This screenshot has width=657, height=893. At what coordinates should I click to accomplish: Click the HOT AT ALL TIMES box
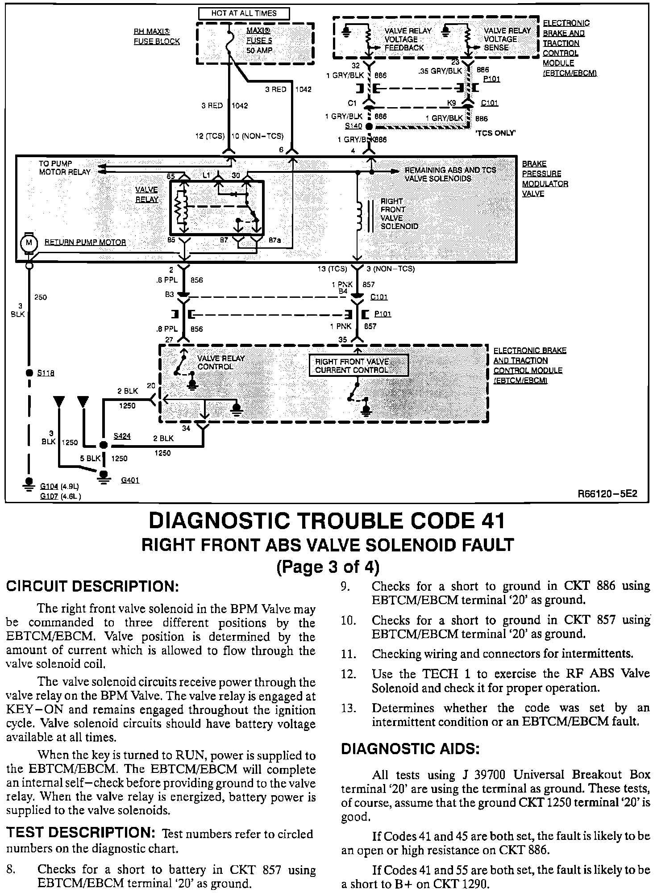tap(244, 13)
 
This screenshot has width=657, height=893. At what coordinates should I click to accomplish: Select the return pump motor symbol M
tap(29, 242)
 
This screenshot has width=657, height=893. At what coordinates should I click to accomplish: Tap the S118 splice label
tap(46, 373)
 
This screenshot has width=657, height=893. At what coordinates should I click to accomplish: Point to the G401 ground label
tap(130, 480)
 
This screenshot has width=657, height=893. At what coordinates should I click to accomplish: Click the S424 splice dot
tap(103, 445)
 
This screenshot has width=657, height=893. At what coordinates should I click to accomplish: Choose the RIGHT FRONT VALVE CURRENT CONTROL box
tap(359, 366)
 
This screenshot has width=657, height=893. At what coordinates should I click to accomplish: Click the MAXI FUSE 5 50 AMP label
tap(259, 41)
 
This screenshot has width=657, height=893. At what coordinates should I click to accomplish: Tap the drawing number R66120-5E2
tap(607, 494)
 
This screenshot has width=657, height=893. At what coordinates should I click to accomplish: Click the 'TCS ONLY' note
tap(496, 133)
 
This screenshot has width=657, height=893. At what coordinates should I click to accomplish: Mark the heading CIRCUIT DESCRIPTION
tap(92, 586)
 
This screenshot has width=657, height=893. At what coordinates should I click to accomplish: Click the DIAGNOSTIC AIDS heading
tap(410, 749)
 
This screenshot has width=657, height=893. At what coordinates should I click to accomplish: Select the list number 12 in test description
tap(349, 674)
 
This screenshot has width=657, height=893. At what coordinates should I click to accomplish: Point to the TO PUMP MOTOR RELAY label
tap(64, 167)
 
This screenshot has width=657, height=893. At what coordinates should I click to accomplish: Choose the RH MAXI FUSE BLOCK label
tap(156, 37)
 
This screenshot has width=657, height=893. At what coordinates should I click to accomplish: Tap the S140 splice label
tap(353, 126)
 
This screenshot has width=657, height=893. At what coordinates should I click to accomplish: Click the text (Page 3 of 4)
tap(328, 567)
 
